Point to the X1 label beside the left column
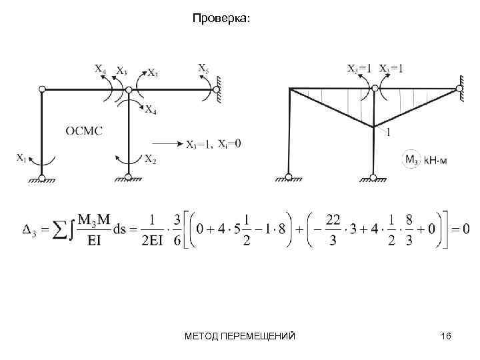click(23, 158)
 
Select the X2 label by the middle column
click(151, 159)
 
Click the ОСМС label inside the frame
click(84, 131)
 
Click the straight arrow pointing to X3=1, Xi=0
click(167, 143)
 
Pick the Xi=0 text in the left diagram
click(229, 143)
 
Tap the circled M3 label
click(412, 159)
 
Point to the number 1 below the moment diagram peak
click(387, 133)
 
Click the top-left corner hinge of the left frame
click(42, 89)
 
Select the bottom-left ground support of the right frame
click(289, 177)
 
